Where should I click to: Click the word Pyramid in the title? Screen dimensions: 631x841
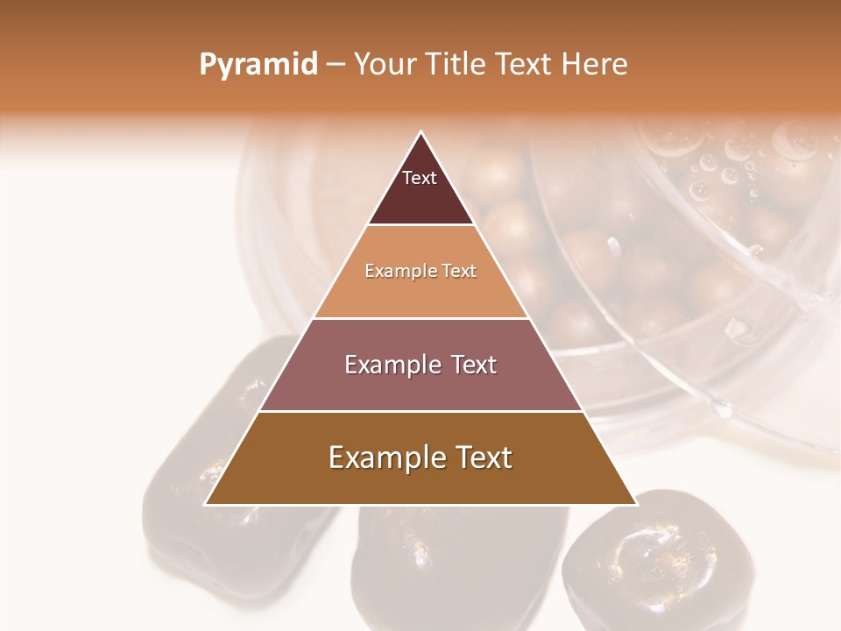pyautogui.click(x=258, y=65)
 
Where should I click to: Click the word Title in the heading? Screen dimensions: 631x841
pyautogui.click(x=456, y=65)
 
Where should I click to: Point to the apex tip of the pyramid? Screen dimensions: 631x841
pyautogui.click(x=420, y=133)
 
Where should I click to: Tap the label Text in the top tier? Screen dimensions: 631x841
pyautogui.click(x=419, y=178)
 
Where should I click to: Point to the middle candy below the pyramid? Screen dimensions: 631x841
pyautogui.click(x=456, y=570)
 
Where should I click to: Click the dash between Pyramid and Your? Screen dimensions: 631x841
pyautogui.click(x=336, y=65)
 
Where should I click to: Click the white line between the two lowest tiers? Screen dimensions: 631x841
pyautogui.click(x=420, y=411)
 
